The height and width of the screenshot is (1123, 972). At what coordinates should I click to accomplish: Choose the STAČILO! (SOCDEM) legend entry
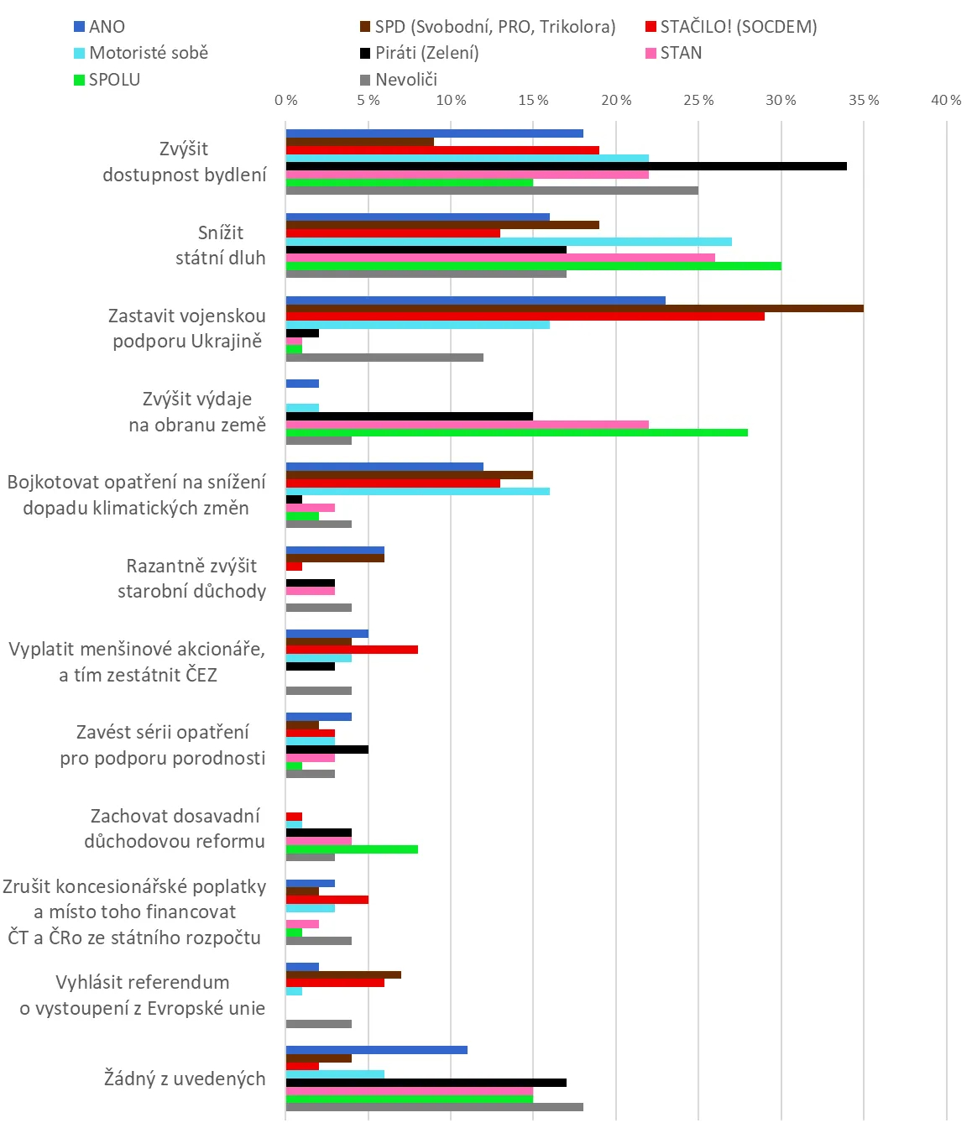pos(731,27)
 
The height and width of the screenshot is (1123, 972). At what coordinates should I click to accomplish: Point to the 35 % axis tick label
pos(864,101)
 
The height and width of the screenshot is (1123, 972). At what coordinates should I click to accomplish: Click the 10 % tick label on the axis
pos(451,101)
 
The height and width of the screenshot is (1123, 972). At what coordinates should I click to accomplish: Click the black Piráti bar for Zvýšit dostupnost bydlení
pos(566,166)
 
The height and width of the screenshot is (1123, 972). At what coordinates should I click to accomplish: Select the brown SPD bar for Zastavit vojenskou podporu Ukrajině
pos(574,308)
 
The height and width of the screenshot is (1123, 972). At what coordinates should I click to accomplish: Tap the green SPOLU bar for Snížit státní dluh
pos(533,266)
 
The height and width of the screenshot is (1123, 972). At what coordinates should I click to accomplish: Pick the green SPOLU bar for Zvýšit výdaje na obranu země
pos(516,433)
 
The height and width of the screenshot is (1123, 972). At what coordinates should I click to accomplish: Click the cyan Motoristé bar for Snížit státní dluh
pos(509,242)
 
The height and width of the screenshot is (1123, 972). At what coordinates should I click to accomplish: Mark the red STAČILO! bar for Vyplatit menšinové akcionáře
pos(352,650)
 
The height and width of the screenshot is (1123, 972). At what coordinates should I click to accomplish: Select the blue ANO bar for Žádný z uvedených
pos(376,1050)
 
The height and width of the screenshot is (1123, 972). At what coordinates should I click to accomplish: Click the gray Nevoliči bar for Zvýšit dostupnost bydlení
pos(492,191)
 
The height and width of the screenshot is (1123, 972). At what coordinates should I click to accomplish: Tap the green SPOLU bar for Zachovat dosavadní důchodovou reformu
pos(352,849)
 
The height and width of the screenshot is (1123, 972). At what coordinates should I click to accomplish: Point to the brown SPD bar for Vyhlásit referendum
pos(343,974)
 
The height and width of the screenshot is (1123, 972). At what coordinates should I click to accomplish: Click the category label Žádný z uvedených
pos(185,1079)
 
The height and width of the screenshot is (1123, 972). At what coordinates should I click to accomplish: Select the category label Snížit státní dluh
pos(220,245)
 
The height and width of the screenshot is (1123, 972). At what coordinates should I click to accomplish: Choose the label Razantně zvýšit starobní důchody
pos(191,578)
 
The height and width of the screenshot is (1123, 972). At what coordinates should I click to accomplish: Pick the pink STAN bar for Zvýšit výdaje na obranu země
pos(467,425)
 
